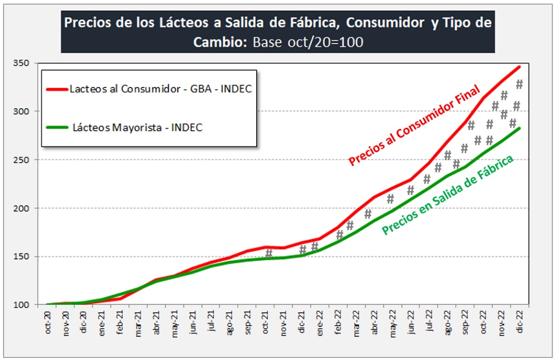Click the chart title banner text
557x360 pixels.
tap(278, 32)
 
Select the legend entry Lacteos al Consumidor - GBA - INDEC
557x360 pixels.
tap(157, 89)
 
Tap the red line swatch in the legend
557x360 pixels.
tap(57, 89)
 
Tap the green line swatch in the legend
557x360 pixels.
tap(57, 128)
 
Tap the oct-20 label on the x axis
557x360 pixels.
tap(48, 323)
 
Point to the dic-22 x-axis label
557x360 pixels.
tap(520, 323)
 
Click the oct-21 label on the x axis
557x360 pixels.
tap(266, 323)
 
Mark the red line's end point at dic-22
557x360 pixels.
tap(520, 67)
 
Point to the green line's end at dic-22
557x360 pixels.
tap(520, 128)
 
